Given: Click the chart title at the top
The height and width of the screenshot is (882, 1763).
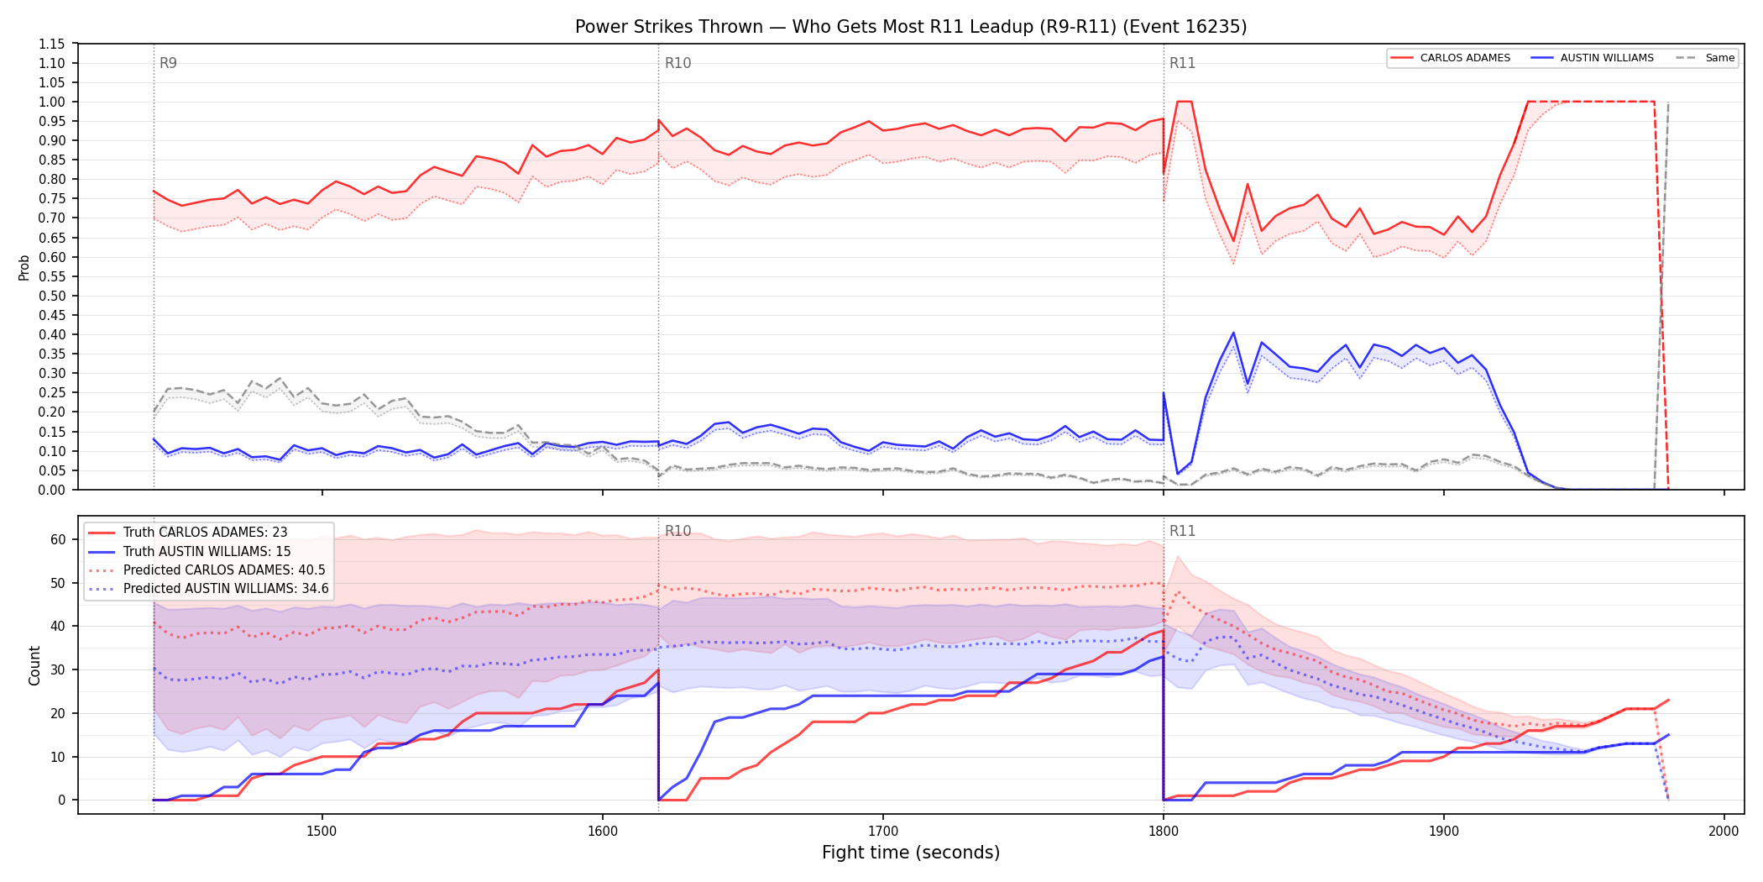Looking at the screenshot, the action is click(x=911, y=27).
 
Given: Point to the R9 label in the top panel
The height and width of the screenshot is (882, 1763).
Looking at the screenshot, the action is click(x=168, y=63).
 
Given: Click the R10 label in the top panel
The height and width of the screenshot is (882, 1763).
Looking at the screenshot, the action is click(x=677, y=63).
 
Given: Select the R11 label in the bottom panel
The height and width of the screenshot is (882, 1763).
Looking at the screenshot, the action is click(x=1182, y=531).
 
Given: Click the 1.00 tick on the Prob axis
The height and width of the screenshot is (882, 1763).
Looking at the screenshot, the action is click(x=52, y=102).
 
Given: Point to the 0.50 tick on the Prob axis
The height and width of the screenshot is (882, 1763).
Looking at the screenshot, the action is click(x=52, y=296).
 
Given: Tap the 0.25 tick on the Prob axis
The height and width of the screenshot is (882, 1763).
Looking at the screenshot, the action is click(x=52, y=392).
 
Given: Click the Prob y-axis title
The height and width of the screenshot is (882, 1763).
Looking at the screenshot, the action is click(x=24, y=267).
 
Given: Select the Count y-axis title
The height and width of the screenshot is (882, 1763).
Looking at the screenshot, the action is click(x=34, y=665).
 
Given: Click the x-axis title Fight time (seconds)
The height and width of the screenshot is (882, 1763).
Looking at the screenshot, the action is click(x=911, y=853).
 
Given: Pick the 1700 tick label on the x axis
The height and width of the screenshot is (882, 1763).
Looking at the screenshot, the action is click(x=882, y=831).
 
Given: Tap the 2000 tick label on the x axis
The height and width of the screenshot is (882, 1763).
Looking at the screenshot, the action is click(x=1724, y=831).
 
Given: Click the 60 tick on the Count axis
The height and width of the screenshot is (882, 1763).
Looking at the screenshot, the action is click(x=58, y=539).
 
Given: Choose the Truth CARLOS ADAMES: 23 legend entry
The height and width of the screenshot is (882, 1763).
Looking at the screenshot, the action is click(x=188, y=533).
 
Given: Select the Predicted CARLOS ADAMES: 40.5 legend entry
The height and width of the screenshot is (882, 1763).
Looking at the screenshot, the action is click(x=207, y=570).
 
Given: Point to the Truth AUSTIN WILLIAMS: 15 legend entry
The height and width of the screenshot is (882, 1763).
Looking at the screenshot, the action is click(x=190, y=552).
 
